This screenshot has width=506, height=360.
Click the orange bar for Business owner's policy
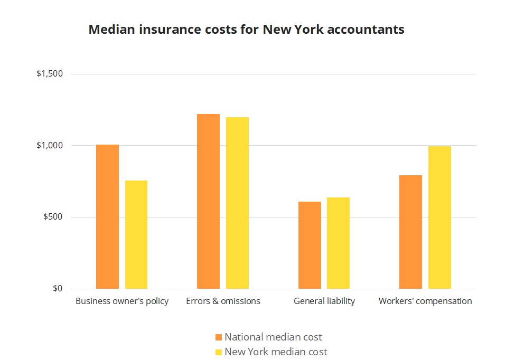pyautogui.click(x=107, y=216)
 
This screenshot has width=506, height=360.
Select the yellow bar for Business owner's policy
pyautogui.click(x=136, y=234)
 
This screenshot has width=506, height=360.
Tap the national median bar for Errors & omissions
pyautogui.click(x=208, y=201)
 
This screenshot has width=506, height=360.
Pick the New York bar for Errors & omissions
pyautogui.click(x=237, y=203)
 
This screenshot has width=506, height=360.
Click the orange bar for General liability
pyautogui.click(x=310, y=245)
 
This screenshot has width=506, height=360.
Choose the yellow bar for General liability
pyautogui.click(x=338, y=243)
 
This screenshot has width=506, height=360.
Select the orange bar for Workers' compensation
pyautogui.click(x=410, y=232)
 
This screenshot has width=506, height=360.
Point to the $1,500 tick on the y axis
pyautogui.click(x=50, y=74)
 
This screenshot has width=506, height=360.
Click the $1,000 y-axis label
pyautogui.click(x=50, y=146)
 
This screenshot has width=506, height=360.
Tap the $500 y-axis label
pyautogui.click(x=53, y=217)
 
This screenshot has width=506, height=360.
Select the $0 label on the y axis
pyautogui.click(x=57, y=289)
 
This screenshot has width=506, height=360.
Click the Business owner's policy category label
pyautogui.click(x=122, y=301)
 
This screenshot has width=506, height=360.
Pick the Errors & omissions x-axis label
pyautogui.click(x=223, y=301)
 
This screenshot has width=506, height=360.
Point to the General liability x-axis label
pyautogui.click(x=324, y=301)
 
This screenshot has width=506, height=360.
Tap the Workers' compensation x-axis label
pyautogui.click(x=425, y=301)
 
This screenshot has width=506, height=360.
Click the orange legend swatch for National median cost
pyautogui.click(x=219, y=337)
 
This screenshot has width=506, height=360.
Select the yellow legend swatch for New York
pyautogui.click(x=219, y=352)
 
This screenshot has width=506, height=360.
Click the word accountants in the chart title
pyautogui.click(x=366, y=30)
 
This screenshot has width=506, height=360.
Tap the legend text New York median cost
pyautogui.click(x=276, y=352)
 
